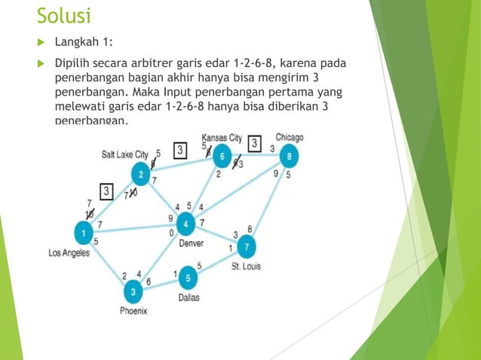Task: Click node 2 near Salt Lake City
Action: tap(141, 175)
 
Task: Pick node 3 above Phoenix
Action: tap(133, 291)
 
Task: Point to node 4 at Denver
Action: tap(185, 224)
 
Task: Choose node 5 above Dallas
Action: tap(188, 279)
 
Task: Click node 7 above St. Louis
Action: tap(246, 246)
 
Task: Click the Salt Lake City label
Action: tap(125, 154)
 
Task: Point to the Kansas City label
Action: tap(222, 138)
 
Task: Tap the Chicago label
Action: tap(289, 138)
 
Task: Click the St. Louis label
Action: tap(246, 266)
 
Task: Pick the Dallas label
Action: tap(189, 298)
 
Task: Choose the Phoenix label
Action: tap(133, 310)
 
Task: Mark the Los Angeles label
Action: tap(69, 253)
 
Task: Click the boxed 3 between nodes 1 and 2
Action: tap(107, 191)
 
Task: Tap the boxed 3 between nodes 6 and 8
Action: tap(255, 143)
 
